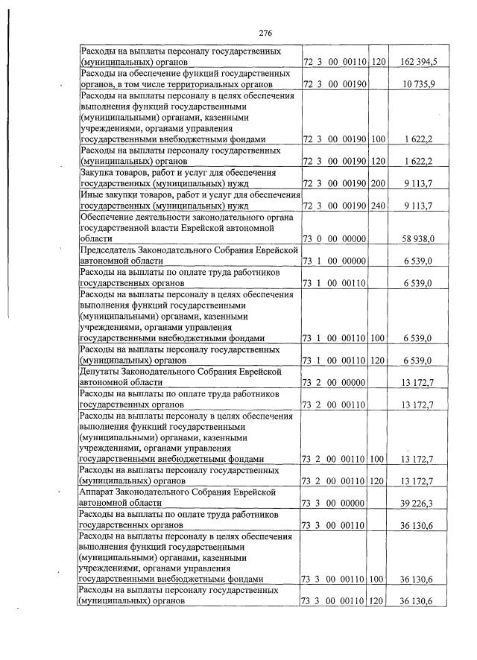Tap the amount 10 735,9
point(421,84)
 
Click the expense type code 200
point(378,183)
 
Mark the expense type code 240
point(378,205)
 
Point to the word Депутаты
point(103,371)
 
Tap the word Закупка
point(99,172)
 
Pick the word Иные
point(92,194)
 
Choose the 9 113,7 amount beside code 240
point(423,205)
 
